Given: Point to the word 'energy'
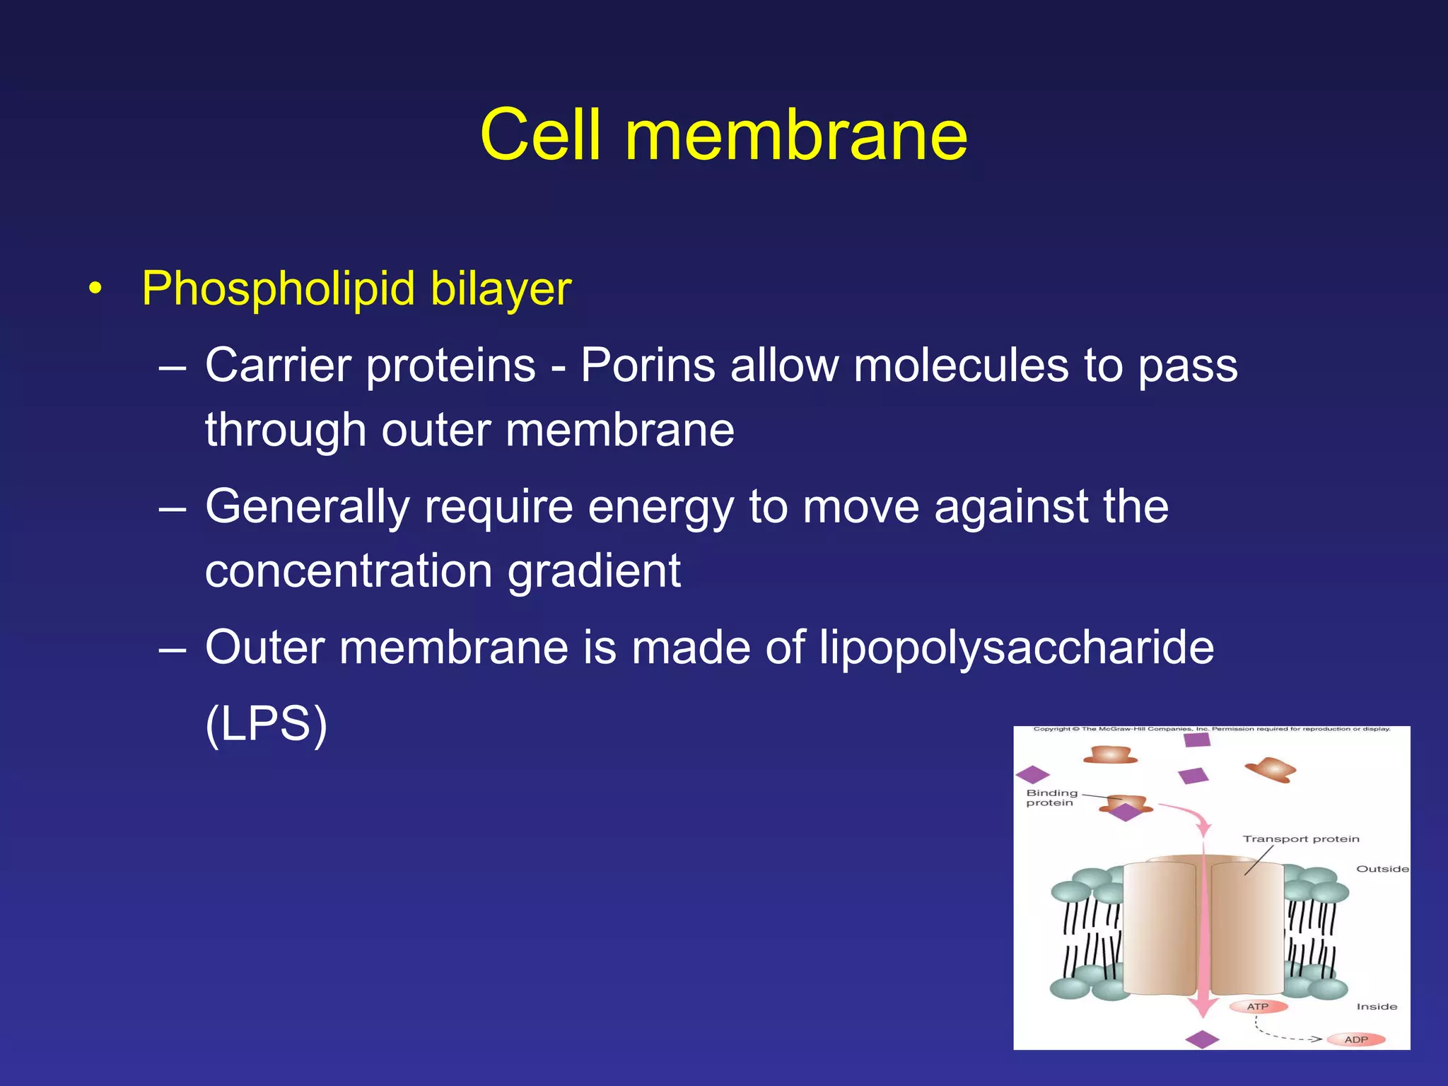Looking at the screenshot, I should click(660, 506).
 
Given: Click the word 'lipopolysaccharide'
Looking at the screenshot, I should click(1017, 647).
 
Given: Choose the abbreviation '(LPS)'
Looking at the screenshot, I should click(266, 723).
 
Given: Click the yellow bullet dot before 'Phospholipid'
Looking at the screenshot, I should click(95, 289).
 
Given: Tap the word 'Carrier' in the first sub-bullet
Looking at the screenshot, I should click(279, 366).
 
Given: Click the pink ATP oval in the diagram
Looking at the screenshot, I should click(1258, 1006).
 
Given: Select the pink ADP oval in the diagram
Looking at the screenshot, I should click(1356, 1039).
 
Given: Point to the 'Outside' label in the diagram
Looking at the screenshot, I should click(1382, 869).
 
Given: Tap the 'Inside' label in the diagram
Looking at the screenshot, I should click(1377, 1006).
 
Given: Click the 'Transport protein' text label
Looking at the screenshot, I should click(1301, 839).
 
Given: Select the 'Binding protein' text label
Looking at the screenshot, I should click(1051, 798).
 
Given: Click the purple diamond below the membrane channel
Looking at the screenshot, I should click(1202, 1039).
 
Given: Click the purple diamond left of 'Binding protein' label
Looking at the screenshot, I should click(1032, 775).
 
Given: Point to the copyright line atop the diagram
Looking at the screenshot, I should click(1211, 729).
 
